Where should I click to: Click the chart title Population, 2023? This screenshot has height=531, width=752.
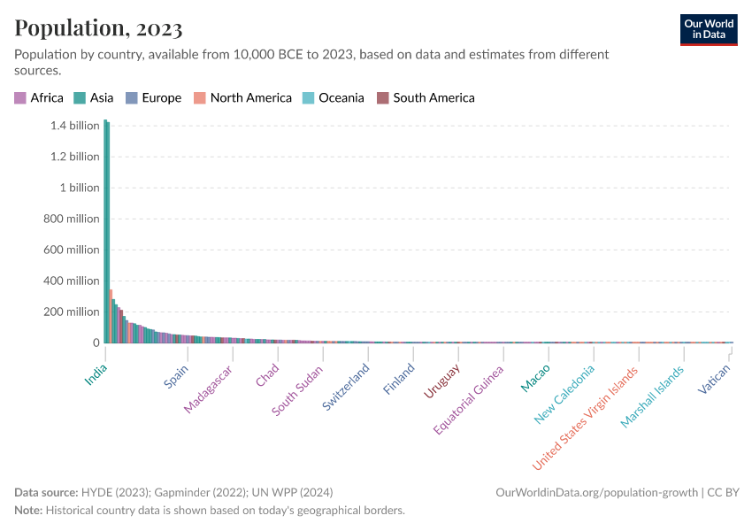(x=98, y=28)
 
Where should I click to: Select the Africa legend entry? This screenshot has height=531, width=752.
(x=39, y=98)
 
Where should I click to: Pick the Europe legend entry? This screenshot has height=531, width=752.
(x=153, y=98)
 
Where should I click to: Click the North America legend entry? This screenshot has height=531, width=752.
(x=242, y=98)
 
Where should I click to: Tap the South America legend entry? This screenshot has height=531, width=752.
(x=426, y=98)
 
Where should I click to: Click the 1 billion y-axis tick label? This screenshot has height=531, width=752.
(x=74, y=188)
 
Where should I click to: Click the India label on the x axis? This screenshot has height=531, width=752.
(x=96, y=375)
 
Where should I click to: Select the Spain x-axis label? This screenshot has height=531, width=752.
(x=176, y=377)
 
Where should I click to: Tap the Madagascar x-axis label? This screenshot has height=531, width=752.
(x=208, y=389)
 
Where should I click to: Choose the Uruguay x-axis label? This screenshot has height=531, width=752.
(x=441, y=381)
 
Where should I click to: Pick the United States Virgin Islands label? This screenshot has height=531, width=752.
(x=585, y=418)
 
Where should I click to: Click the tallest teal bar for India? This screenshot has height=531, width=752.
(x=105, y=230)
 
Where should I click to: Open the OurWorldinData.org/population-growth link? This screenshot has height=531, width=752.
(x=598, y=492)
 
